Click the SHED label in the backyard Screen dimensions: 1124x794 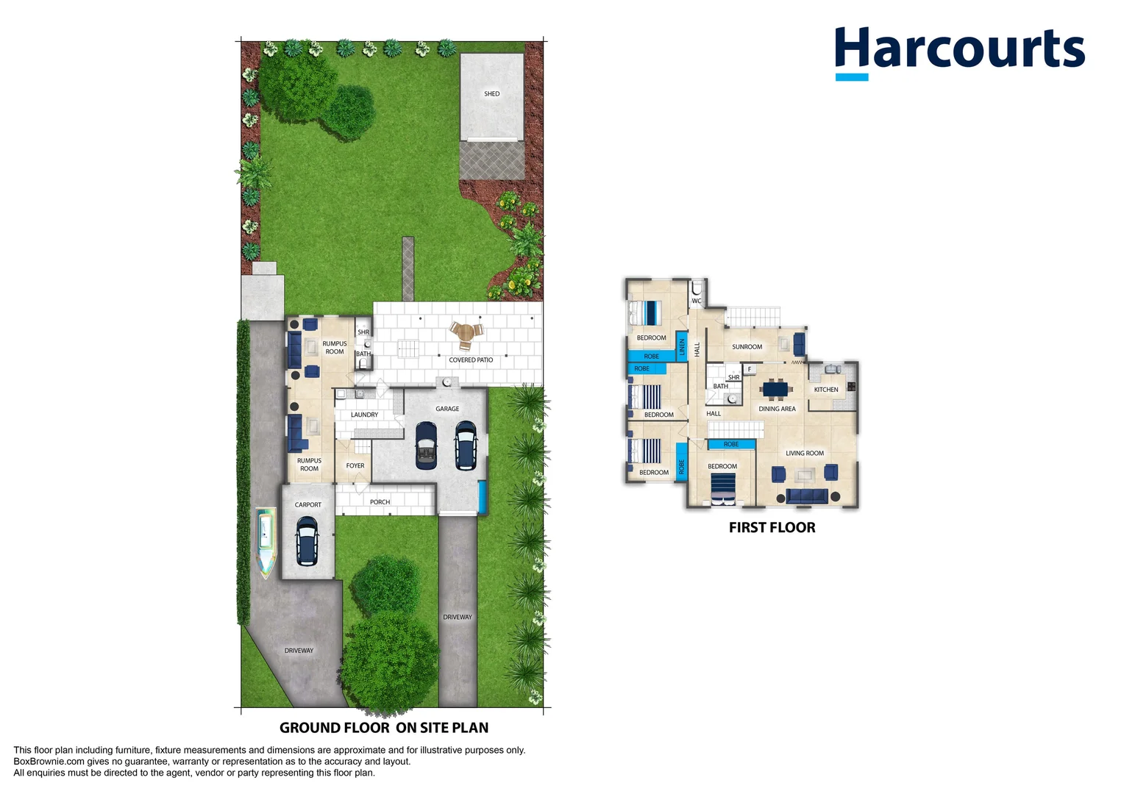(x=491, y=94)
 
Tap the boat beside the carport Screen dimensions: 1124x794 (x=266, y=543)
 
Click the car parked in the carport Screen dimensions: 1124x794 (x=307, y=542)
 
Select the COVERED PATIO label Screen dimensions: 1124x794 (x=471, y=360)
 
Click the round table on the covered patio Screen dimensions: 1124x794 (x=466, y=332)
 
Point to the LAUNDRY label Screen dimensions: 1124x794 (x=364, y=415)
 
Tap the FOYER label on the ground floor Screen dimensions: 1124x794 (x=355, y=465)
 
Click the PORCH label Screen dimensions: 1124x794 (x=380, y=501)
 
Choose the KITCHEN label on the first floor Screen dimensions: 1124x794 (x=826, y=389)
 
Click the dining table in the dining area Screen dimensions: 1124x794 (x=776, y=389)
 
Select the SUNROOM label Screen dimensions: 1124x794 (x=747, y=346)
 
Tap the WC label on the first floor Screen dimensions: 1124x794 (x=697, y=301)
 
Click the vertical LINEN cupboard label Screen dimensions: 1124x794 (x=682, y=347)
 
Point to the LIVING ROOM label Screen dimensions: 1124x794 (x=804, y=453)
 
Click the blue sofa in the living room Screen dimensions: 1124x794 (x=806, y=496)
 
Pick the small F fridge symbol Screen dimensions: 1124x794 (x=749, y=369)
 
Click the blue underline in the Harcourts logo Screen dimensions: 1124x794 (x=852, y=76)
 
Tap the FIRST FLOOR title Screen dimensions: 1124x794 (x=772, y=528)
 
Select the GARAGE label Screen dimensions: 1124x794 (x=447, y=409)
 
